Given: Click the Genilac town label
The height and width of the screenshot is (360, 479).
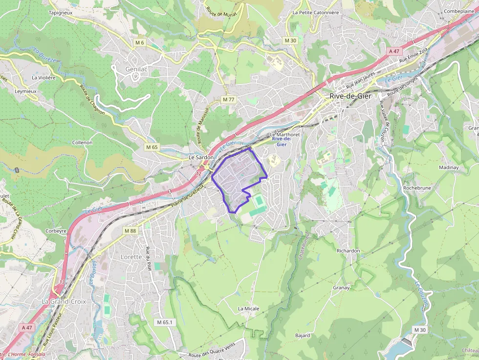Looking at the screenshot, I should (x=136, y=69).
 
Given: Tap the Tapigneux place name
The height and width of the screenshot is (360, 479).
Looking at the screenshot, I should (x=61, y=13).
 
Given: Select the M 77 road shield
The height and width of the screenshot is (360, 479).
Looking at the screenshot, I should (x=228, y=100).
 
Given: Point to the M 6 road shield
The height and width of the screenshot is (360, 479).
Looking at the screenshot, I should (x=140, y=43).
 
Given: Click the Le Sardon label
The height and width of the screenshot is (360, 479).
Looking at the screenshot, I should (x=201, y=158).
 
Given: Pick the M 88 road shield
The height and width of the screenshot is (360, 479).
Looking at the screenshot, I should (x=130, y=231).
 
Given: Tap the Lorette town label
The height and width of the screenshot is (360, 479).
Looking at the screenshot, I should (x=131, y=256).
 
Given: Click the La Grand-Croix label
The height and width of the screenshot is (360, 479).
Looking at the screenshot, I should (x=64, y=301).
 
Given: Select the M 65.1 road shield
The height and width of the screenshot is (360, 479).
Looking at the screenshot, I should (x=165, y=322).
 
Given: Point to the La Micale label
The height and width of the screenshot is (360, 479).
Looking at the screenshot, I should (x=248, y=309).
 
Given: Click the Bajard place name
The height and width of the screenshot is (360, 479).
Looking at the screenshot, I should (x=303, y=336).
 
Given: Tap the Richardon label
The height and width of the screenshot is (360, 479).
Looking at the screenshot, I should (x=348, y=251).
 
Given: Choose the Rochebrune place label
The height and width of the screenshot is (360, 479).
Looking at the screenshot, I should (x=417, y=188).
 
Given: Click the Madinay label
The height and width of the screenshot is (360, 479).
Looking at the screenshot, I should (x=449, y=167).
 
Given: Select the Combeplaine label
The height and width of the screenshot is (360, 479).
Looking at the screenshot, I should (x=459, y=11).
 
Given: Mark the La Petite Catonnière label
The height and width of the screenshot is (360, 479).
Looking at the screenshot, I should (x=315, y=13).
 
